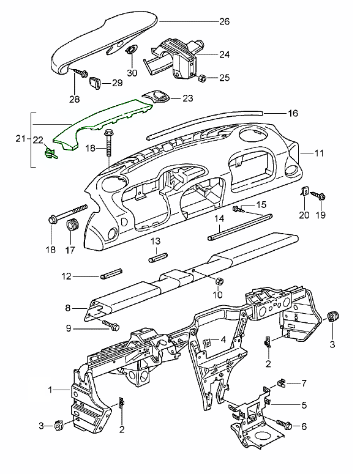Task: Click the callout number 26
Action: pos(224,21)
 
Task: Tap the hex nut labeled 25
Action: pos(201,79)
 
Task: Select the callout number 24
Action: pos(224,54)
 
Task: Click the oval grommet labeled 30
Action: pos(130,50)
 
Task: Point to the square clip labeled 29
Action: pos(96,83)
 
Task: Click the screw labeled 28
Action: pos(80,73)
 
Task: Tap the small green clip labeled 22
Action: pos(50,153)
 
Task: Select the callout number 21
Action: pos(21,139)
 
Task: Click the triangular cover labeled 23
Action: pos(156,98)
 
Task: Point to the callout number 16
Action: pos(293,113)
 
